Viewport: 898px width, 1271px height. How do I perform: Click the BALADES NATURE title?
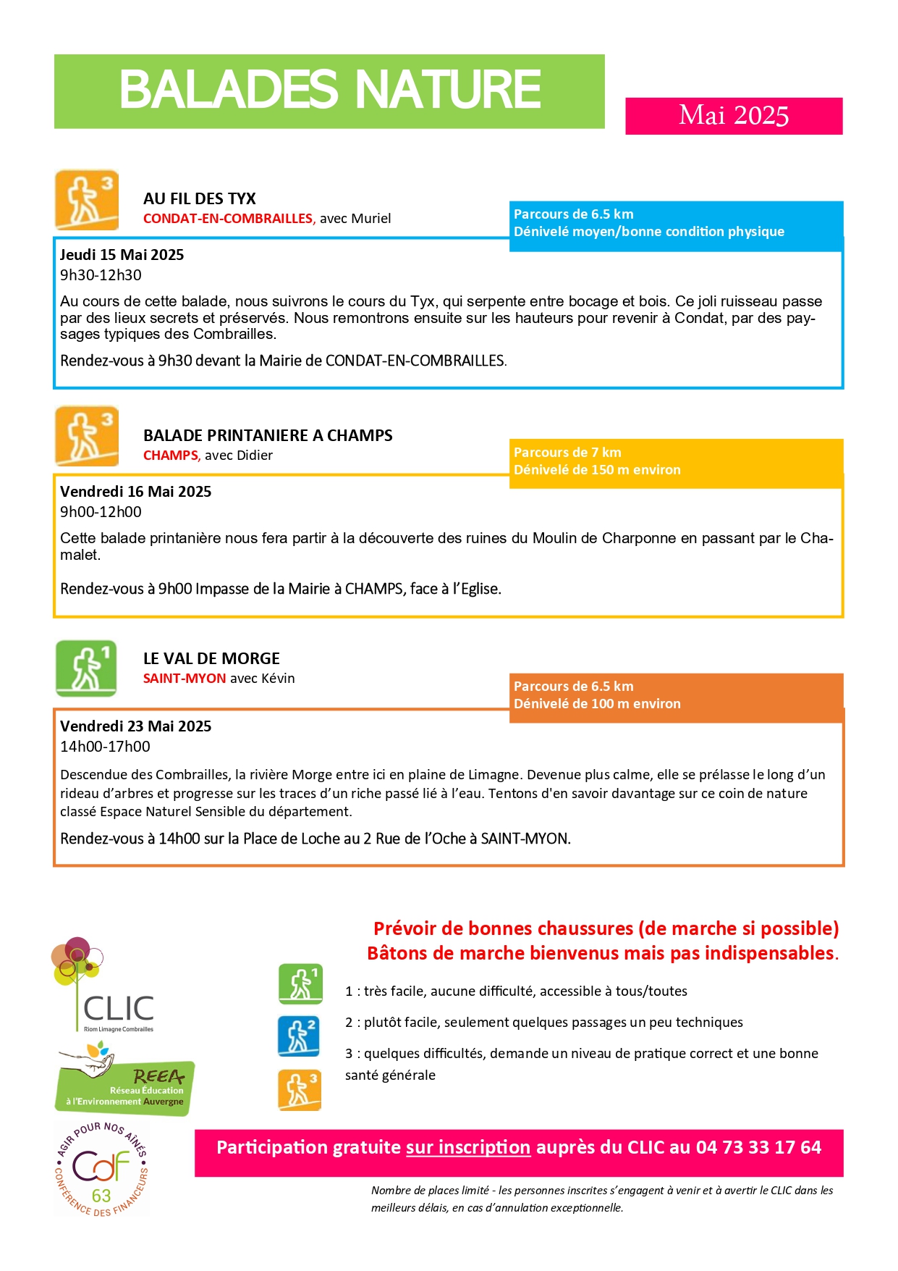point(330,90)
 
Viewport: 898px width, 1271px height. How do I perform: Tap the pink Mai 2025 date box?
point(734,116)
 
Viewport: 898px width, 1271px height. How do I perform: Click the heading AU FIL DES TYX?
point(200,199)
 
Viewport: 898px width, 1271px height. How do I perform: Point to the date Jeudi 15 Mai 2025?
point(122,255)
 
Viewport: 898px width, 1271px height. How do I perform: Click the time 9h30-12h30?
point(101,275)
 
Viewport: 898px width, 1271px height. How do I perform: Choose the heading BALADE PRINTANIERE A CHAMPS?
point(268,436)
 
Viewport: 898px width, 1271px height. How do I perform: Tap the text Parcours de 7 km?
point(567,453)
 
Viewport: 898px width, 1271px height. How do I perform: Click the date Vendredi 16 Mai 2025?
point(135,492)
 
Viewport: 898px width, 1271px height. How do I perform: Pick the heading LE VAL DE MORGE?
point(211,659)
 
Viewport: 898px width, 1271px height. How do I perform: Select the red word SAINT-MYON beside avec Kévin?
point(185,679)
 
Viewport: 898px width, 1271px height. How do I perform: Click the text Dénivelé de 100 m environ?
point(597,704)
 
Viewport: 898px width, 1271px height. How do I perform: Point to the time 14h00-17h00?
point(105,747)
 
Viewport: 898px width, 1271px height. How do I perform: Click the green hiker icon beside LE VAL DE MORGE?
point(86,668)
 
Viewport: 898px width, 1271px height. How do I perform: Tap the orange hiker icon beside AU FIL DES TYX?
point(87,200)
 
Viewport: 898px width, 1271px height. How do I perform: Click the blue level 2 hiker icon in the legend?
point(299,1036)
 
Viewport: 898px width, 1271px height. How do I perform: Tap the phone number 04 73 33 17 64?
point(758,1148)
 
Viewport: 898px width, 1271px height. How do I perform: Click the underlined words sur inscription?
point(468,1148)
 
